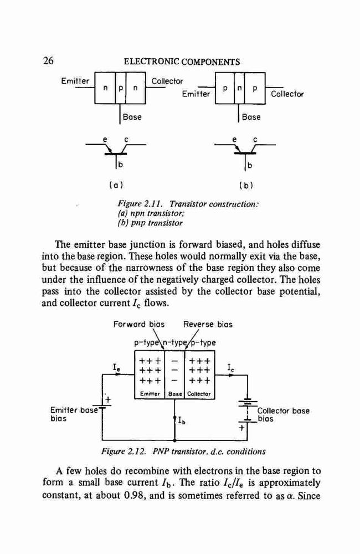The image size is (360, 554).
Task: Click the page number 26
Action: click(x=48, y=61)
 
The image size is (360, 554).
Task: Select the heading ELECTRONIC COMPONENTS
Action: click(x=182, y=62)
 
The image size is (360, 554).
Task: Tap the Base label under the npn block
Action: click(x=132, y=117)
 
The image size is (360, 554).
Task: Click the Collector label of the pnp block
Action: click(x=287, y=94)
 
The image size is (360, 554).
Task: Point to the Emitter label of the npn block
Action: click(x=75, y=81)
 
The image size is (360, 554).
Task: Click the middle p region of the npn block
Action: click(x=120, y=89)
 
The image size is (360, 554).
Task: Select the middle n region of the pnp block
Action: click(x=239, y=88)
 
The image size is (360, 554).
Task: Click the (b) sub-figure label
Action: click(x=246, y=185)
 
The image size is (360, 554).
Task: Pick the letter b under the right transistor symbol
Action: click(x=249, y=165)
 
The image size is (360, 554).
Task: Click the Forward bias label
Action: click(x=139, y=324)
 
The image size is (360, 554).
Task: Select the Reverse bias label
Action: click(x=208, y=324)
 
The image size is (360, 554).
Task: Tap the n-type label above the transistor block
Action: click(x=174, y=342)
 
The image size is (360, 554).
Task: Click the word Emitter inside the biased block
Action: click(x=150, y=393)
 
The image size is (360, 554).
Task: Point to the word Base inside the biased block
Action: click(x=175, y=393)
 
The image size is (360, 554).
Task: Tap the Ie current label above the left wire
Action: click(x=117, y=367)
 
